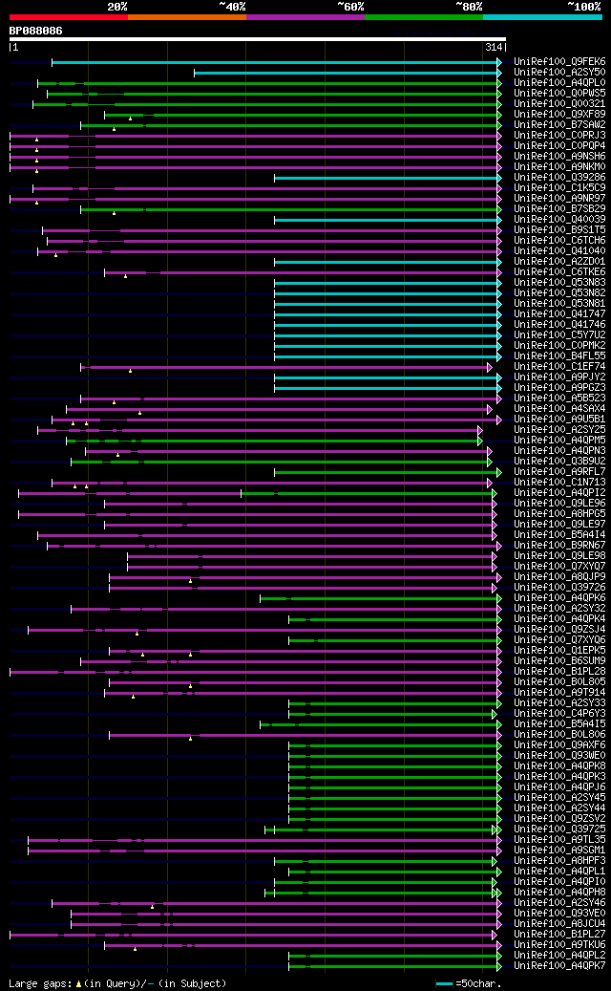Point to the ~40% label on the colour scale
(x=232, y=7)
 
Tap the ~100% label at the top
(x=584, y=7)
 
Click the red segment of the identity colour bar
(x=68, y=17)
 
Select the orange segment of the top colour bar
(x=186, y=17)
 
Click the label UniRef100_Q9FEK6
(x=558, y=62)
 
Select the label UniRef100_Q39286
(x=558, y=178)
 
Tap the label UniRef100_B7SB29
(x=558, y=209)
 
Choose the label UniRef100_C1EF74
(x=558, y=367)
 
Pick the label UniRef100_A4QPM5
(x=558, y=441)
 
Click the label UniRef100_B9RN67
(x=558, y=546)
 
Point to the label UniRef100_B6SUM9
(x=558, y=661)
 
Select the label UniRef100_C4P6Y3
(x=558, y=714)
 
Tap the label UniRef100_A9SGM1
(x=558, y=851)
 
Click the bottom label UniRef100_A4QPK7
(x=558, y=966)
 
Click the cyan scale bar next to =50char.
(x=444, y=983)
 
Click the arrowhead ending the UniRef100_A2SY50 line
(x=498, y=73)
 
